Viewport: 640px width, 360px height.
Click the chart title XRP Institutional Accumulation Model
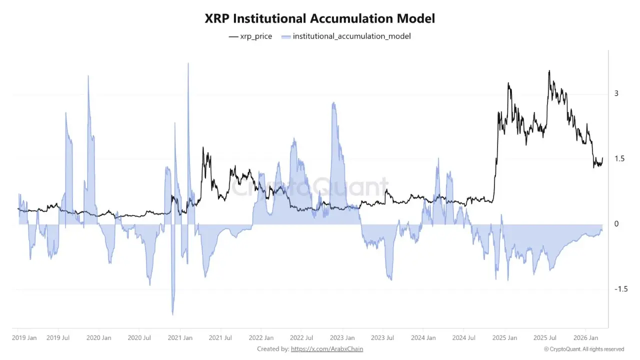(x=320, y=18)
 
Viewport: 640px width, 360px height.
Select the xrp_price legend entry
(x=250, y=36)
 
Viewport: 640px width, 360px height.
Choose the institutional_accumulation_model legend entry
(x=346, y=36)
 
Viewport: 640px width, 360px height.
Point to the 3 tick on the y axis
(x=616, y=93)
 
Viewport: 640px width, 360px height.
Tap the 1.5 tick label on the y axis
(x=619, y=158)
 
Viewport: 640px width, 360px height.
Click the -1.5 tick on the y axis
(x=620, y=289)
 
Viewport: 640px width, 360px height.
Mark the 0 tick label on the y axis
(x=616, y=223)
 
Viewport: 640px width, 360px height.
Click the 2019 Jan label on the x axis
(x=24, y=338)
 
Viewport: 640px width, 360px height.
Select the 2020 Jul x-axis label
(x=139, y=338)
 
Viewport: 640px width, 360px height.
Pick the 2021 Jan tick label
(x=180, y=338)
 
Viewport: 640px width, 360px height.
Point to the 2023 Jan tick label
(x=342, y=338)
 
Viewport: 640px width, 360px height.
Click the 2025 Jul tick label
(x=545, y=338)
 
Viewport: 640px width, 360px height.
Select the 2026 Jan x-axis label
(x=586, y=338)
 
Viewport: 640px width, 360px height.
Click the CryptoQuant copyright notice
(x=584, y=349)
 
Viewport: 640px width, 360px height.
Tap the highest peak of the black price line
(x=549, y=71)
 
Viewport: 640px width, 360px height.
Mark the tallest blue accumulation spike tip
(x=188, y=63)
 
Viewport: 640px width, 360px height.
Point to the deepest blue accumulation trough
(x=172, y=314)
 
